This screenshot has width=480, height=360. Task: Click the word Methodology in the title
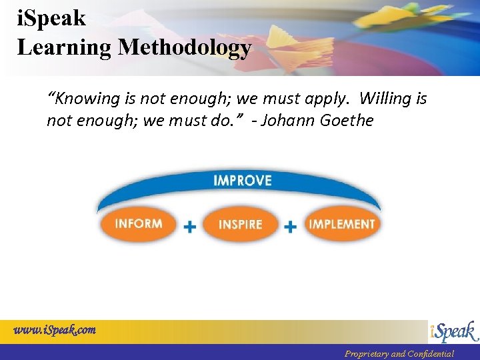[x=185, y=48]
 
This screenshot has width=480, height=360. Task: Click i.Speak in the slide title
[x=51, y=18]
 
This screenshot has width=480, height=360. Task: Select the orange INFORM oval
[x=139, y=224]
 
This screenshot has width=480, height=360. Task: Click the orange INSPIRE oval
[x=240, y=225]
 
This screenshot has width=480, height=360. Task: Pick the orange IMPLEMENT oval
[x=342, y=224]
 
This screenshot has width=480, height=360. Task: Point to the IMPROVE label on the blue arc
[x=242, y=181]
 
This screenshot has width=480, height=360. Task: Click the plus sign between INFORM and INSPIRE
[x=190, y=227]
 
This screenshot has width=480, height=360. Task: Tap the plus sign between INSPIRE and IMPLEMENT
[x=291, y=227]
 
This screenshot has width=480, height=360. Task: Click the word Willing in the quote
[x=386, y=99]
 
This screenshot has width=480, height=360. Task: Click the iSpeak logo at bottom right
[x=453, y=331]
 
